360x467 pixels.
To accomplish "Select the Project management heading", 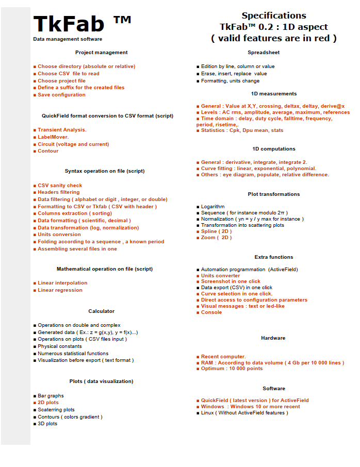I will pos(101,53).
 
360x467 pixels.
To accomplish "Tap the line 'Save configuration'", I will pos(61,95).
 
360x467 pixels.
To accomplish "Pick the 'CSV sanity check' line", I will pos(60,186).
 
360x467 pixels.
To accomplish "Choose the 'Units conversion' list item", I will pos(59,235).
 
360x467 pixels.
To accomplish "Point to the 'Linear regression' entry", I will pos(60,290).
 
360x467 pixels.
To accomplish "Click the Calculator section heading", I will pos(101,311).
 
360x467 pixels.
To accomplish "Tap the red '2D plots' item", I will pos(48,403).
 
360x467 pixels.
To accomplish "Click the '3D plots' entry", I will pos(47,424).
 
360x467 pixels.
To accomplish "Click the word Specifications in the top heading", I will pos(273,15).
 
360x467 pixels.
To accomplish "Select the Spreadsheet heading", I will pos(264,53).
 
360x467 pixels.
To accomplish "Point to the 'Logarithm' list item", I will pos(212,207).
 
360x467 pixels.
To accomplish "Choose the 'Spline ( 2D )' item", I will pos(216,231).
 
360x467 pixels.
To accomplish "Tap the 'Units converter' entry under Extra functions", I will pos(220,276).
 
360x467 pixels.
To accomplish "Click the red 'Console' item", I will pos(211,312).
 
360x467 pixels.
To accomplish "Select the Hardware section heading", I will pos(273,338).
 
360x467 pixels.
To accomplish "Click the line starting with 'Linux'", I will pos(244,413).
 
